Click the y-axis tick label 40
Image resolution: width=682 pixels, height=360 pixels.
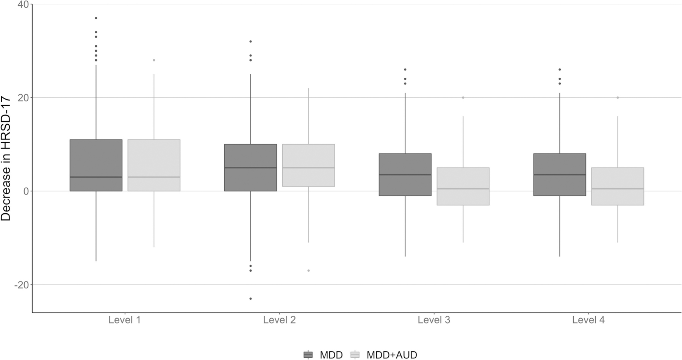point(23,4)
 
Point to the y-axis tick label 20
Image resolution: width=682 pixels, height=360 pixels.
point(23,98)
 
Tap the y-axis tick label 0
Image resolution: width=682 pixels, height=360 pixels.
point(26,191)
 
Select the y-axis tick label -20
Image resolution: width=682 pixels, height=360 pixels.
point(22,285)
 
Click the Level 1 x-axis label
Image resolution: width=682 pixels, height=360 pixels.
point(125,320)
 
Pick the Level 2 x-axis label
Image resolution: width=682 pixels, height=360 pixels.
point(279,320)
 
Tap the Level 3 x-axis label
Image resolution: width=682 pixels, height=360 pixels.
point(434,320)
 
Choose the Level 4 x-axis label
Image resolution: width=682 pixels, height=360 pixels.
point(588,320)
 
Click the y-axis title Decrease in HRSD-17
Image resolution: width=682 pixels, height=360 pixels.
point(6,159)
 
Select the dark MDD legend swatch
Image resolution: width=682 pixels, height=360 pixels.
point(308,355)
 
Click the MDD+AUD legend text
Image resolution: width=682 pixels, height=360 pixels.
point(392,355)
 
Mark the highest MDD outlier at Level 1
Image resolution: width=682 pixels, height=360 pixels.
point(96,18)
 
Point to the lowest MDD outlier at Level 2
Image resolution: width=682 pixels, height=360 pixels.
point(250,299)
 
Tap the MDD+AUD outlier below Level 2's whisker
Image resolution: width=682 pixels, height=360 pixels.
point(308,271)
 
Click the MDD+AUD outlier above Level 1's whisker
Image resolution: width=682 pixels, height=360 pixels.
point(154,60)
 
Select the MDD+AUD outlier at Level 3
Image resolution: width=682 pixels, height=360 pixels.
point(463,98)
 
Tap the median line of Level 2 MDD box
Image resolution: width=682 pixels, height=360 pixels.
point(250,167)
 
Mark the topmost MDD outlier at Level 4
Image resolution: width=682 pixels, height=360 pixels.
point(560,70)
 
